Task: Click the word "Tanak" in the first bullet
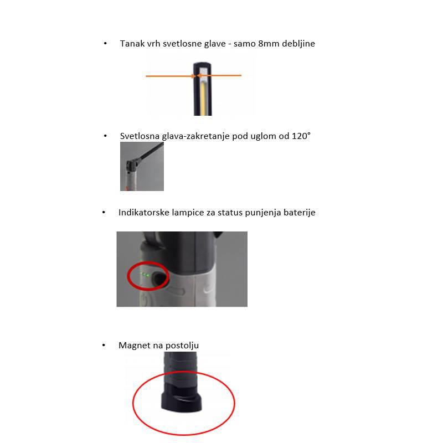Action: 131,44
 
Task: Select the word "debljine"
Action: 299,44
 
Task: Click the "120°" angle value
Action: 300,136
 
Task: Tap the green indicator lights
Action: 145,275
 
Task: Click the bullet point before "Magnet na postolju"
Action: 104,345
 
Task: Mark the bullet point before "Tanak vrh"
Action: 105,43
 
